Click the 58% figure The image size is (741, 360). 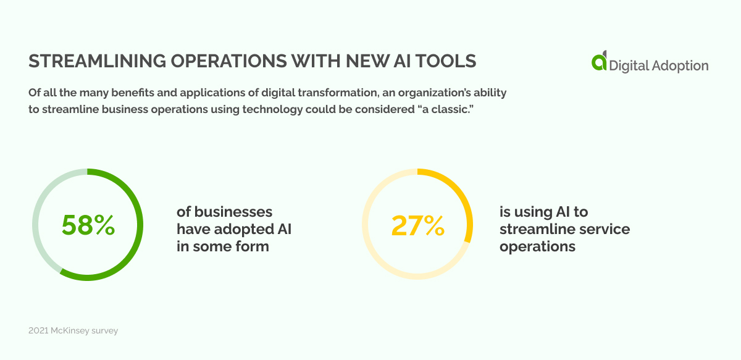[88, 225]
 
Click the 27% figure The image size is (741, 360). [417, 225]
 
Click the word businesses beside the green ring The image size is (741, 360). [233, 212]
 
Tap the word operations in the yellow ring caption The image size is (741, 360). [537, 246]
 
